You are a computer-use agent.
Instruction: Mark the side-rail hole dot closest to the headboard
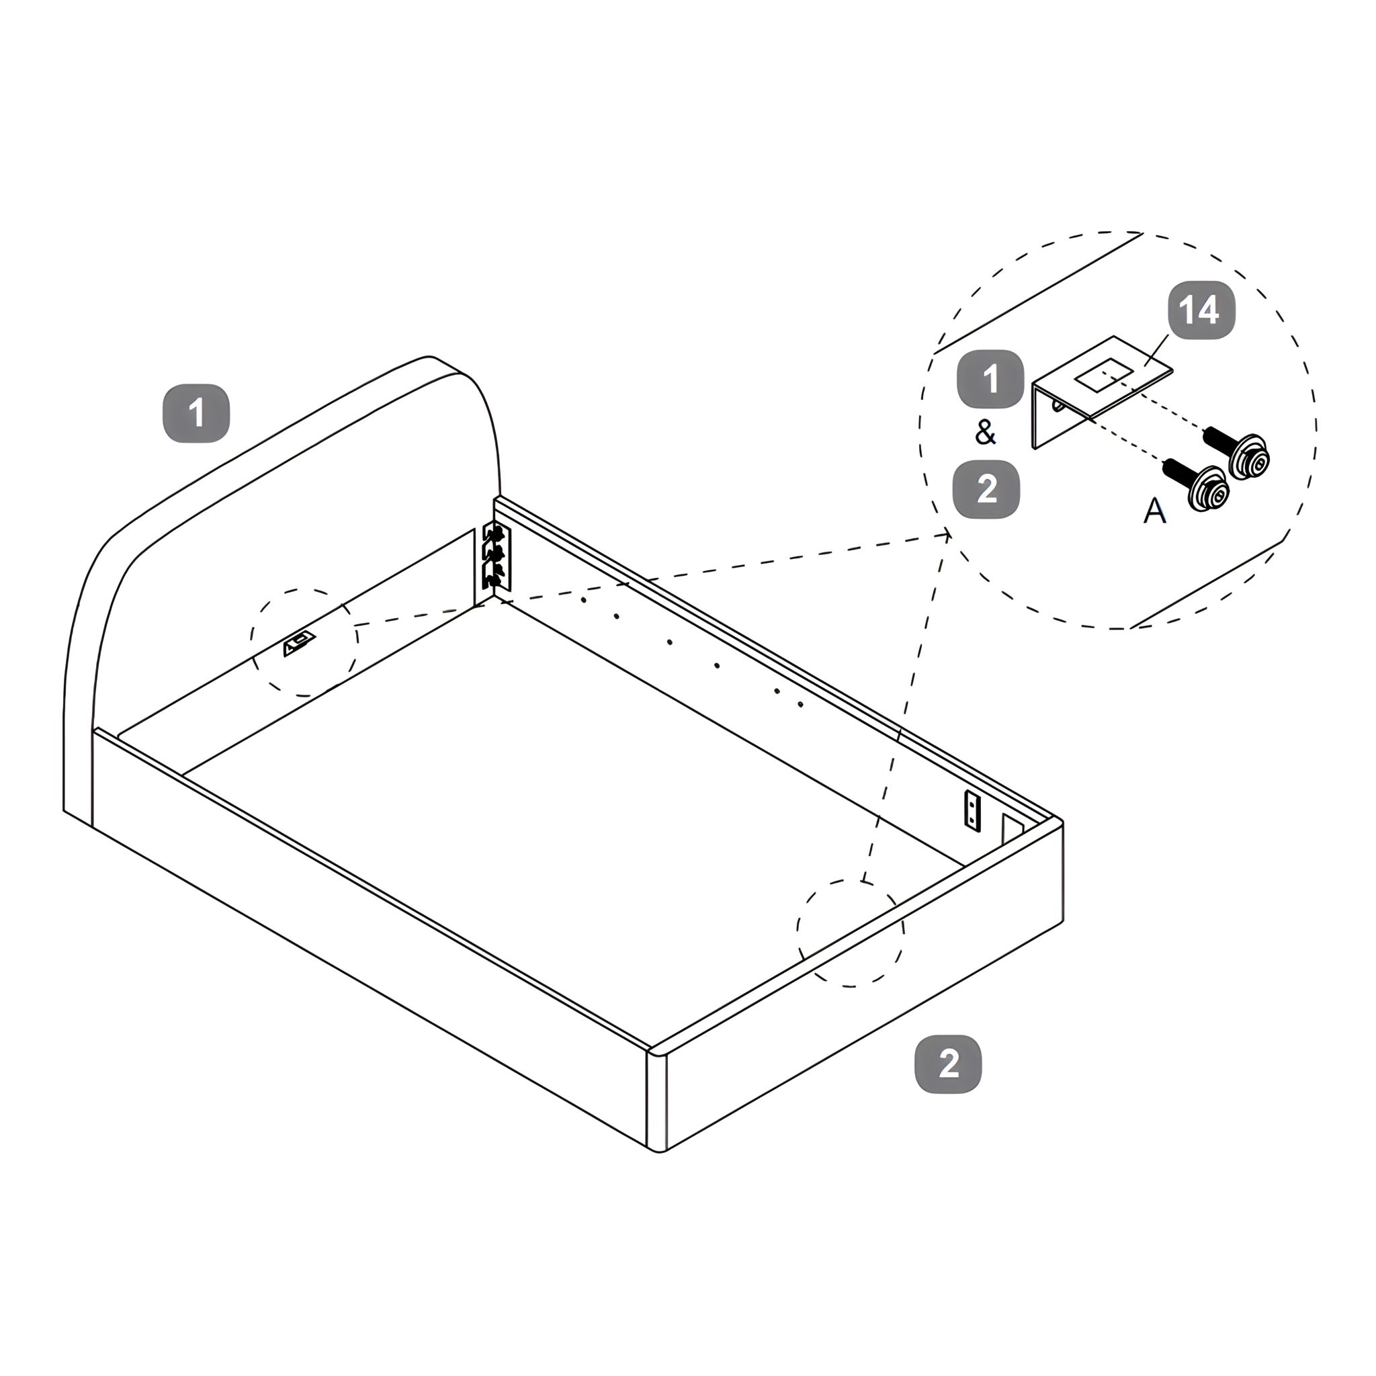pos(583,600)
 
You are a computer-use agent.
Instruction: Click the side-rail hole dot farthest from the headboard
pos(800,704)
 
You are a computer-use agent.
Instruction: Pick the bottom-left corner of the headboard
pos(64,810)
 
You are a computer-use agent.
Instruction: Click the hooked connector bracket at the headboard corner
pos(497,557)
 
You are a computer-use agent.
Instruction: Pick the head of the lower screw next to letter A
pos(1208,490)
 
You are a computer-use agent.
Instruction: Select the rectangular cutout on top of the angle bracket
pos(1101,378)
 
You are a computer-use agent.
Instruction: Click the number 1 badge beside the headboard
pos(197,414)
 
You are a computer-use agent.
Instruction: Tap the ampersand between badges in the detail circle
pos(986,432)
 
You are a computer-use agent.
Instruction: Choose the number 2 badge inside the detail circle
pos(986,490)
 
